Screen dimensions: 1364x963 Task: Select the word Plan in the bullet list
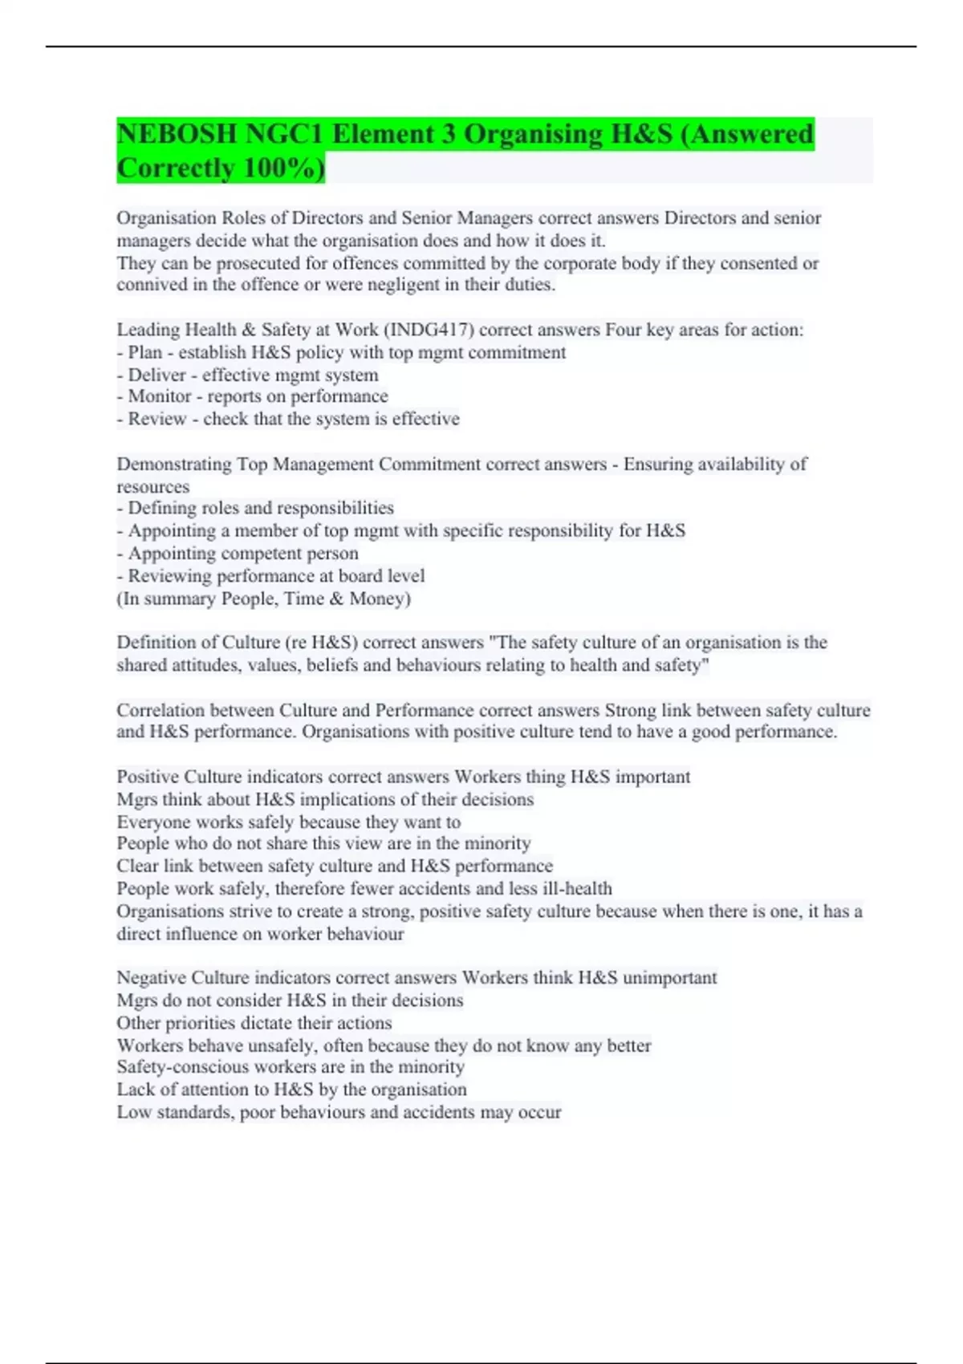pyautogui.click(x=145, y=352)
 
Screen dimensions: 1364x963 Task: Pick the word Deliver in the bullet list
pyautogui.click(x=156, y=375)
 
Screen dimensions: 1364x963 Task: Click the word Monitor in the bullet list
pyautogui.click(x=160, y=396)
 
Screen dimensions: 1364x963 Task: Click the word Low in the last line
pyautogui.click(x=133, y=1113)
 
